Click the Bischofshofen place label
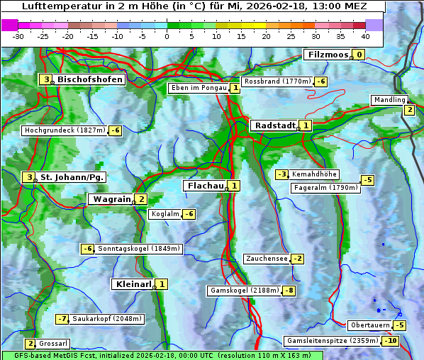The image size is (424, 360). [x=89, y=80]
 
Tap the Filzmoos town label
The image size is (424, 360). [x=328, y=55]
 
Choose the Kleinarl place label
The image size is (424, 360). [x=133, y=284]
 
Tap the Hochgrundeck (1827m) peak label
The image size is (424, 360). [x=65, y=130]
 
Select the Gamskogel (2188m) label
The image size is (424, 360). [x=245, y=291]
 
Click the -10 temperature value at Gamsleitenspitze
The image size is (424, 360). [x=390, y=341]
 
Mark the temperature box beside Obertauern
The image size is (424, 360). [x=400, y=325]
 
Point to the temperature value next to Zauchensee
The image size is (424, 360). [x=298, y=259]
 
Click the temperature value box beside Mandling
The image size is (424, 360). [x=409, y=110]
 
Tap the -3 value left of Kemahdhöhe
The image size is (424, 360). [x=282, y=174]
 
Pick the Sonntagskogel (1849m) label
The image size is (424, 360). [x=139, y=249]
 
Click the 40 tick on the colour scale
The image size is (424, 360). [x=365, y=35]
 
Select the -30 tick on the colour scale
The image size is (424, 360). [x=18, y=35]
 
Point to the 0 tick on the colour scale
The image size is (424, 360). [x=167, y=35]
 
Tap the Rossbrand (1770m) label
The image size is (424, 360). [x=277, y=81]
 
